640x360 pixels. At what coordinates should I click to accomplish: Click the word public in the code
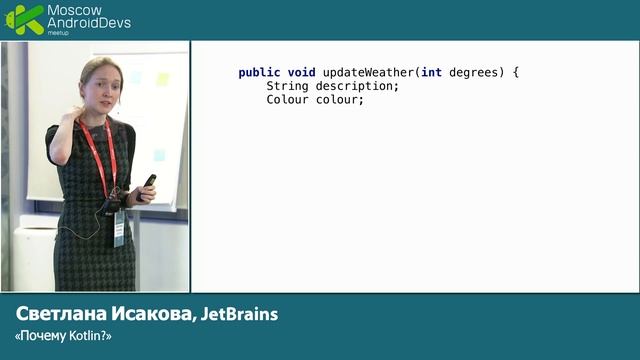coord(258,73)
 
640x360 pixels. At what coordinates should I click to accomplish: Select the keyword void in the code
coord(301,73)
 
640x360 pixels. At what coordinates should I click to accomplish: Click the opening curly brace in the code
coord(515,73)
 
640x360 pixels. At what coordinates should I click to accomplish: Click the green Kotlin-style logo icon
coord(24,19)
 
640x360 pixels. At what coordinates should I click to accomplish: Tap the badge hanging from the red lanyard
coord(120,228)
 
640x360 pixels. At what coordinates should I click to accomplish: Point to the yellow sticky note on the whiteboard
coord(163,79)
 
